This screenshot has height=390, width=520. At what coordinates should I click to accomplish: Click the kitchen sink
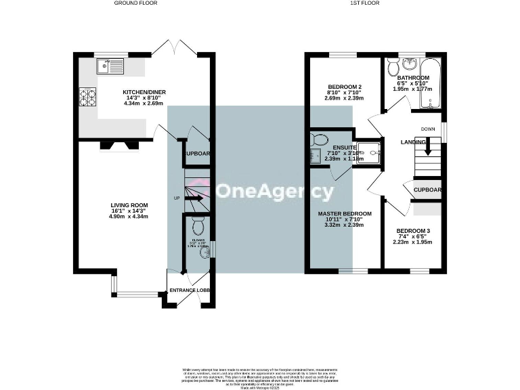coord(110,66)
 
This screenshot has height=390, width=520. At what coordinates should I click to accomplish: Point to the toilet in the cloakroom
coord(198,224)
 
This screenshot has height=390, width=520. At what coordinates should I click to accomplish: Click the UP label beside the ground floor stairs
coord(177,198)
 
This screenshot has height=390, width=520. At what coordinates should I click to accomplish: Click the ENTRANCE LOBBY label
coord(190,290)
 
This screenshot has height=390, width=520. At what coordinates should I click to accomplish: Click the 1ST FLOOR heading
coord(364,3)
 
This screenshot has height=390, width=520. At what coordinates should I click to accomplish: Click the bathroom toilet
coord(393,67)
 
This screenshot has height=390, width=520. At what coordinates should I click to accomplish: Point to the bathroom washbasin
coord(410,64)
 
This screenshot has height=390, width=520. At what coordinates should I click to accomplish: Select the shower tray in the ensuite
coord(369,153)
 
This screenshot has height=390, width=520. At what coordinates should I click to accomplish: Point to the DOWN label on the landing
coord(428,129)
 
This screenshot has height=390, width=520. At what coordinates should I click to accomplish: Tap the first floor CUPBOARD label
coord(428,190)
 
